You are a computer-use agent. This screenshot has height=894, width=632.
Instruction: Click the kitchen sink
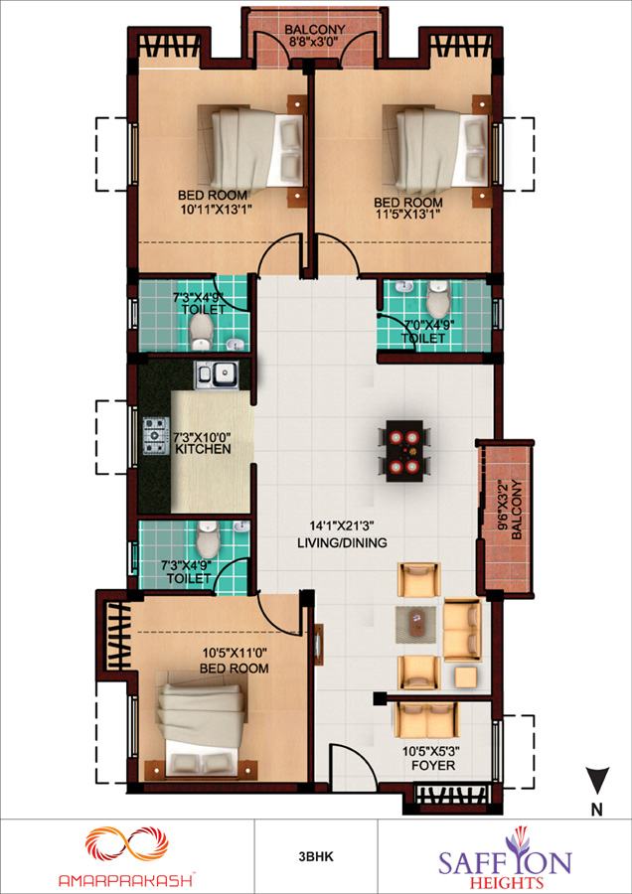[x=217, y=375]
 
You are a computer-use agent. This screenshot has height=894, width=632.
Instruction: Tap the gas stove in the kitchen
[x=156, y=436]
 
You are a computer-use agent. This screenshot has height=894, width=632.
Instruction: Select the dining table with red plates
[x=404, y=451]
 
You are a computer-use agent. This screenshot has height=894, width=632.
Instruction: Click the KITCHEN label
[x=203, y=449]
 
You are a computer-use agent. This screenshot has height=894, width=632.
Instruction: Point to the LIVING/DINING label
[x=342, y=542]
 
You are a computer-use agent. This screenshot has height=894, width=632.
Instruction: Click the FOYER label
[x=433, y=766]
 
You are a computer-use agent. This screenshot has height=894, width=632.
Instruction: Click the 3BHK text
[x=315, y=856]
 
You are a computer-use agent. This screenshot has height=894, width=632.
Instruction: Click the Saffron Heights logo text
[x=505, y=864]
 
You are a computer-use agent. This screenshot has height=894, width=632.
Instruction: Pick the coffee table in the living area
[x=415, y=625]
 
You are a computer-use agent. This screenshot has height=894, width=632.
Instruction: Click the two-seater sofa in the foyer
[x=426, y=719]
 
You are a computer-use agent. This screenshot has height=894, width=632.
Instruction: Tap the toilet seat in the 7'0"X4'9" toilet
[x=438, y=300]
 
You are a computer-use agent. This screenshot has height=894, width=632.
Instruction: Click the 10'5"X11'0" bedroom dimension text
[x=235, y=651]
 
